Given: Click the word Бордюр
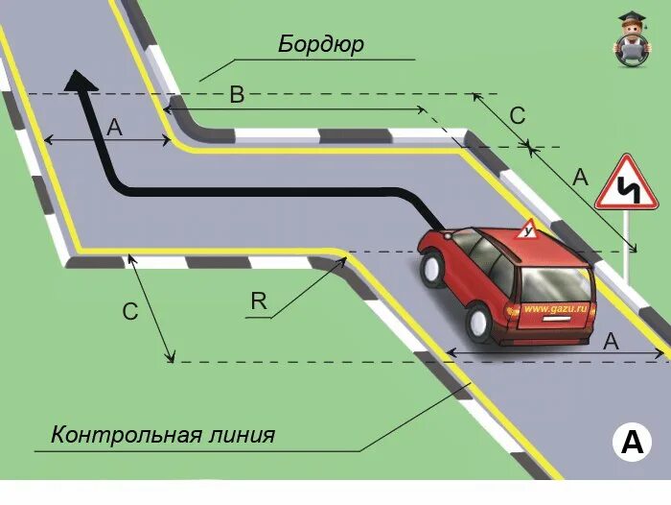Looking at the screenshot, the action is tap(321, 45).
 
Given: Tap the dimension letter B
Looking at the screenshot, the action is tap(238, 94).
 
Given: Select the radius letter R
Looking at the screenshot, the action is tap(258, 301).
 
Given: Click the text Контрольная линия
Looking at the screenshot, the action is tap(163, 435).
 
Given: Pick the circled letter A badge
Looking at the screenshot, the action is tap(631, 443).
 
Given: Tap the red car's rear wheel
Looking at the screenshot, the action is tap(479, 322).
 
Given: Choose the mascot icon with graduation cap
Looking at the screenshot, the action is tap(630, 39).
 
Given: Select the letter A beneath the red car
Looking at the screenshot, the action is tap(611, 341).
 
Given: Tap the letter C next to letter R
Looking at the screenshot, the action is tap(130, 311).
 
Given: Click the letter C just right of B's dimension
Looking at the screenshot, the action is tap(517, 116).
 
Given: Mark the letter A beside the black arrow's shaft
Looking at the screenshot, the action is tap(114, 128).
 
